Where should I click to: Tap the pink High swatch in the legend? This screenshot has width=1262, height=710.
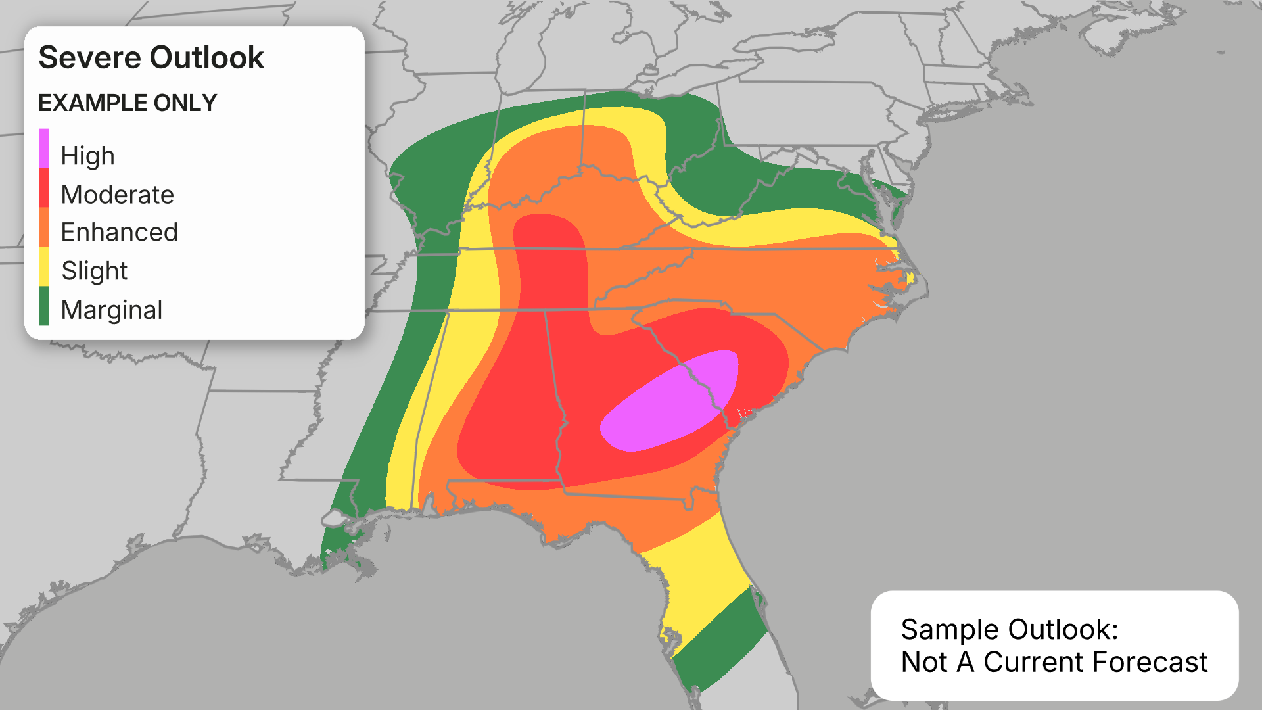(44, 149)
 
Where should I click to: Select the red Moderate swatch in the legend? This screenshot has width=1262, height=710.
(44, 188)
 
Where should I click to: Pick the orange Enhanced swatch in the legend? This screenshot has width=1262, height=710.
(44, 227)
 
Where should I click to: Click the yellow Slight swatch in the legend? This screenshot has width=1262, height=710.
(44, 266)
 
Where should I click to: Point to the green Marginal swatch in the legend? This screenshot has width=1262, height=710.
(44, 306)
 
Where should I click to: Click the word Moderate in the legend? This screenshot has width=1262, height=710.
(117, 195)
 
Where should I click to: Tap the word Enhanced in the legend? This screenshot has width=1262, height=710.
(119, 232)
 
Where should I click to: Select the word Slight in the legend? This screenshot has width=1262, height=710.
(94, 271)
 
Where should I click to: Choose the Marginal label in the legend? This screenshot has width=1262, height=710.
(111, 310)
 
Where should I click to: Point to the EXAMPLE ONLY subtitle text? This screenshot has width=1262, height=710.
(128, 103)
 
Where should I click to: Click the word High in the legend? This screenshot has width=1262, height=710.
(87, 156)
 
